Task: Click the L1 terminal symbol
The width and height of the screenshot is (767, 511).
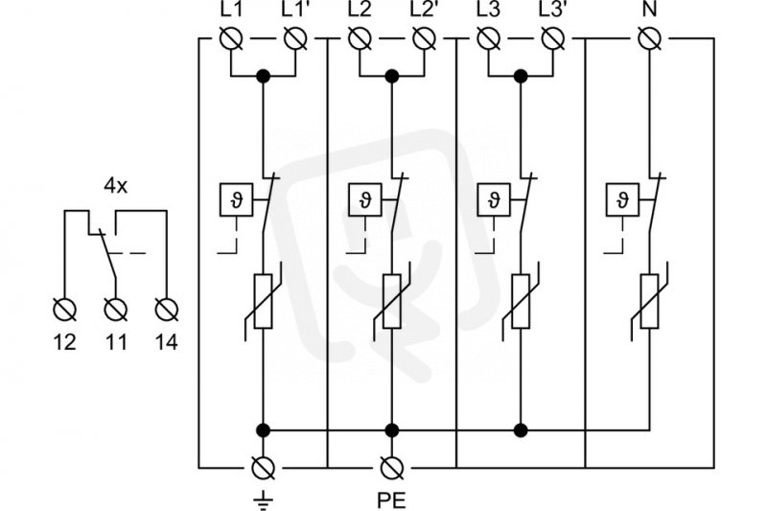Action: click(231, 38)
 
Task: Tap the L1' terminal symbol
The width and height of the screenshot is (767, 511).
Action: click(295, 38)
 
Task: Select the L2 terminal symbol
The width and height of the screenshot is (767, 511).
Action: click(360, 38)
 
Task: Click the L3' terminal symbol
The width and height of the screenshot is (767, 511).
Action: click(553, 38)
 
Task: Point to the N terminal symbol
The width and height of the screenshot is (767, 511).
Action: click(650, 38)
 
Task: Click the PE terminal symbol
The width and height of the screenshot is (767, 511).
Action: click(392, 468)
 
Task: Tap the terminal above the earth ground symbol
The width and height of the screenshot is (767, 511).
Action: click(263, 468)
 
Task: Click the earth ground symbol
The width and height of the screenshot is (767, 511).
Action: click(263, 499)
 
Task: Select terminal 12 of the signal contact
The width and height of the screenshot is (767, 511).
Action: click(64, 310)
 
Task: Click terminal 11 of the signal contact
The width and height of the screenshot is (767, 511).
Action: click(116, 310)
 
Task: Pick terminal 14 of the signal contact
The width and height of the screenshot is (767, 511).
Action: click(167, 310)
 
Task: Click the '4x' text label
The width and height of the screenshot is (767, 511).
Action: click(115, 186)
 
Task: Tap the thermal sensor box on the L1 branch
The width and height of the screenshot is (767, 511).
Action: click(236, 199)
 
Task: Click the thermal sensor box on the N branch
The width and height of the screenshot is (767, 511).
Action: click(622, 199)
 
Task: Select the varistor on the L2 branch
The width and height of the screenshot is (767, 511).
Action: click(392, 301)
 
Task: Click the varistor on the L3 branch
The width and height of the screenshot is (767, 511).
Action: click(521, 301)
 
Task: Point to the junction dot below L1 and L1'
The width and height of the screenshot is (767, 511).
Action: click(263, 77)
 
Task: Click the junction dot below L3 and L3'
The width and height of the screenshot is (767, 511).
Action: click(521, 77)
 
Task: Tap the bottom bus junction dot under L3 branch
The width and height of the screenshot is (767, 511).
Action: click(521, 430)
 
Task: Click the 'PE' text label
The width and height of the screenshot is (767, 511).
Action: click(391, 500)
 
